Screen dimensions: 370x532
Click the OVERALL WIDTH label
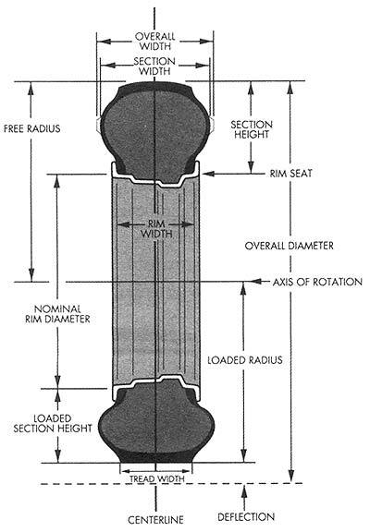(154, 41)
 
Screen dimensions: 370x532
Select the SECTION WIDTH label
(154, 66)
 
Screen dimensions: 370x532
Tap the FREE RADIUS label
(32, 129)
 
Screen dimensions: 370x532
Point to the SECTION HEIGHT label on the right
(252, 129)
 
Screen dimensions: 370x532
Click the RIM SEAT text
(290, 174)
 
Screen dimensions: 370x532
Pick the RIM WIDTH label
(156, 229)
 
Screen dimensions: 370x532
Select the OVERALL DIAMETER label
(290, 246)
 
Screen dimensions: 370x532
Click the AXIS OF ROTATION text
(317, 282)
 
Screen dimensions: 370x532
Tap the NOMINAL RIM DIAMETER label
(57, 314)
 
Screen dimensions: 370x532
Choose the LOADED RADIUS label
(245, 360)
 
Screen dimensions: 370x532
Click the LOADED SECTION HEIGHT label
(53, 423)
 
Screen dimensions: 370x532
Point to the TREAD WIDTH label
(156, 478)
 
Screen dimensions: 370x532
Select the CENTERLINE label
(155, 519)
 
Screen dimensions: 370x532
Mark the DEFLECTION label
(246, 517)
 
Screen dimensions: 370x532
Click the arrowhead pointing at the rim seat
(208, 174)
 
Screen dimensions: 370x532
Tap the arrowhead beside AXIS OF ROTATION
(257, 282)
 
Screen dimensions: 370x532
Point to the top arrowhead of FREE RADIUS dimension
(31, 89)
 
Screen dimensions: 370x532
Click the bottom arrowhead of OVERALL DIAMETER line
(291, 476)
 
